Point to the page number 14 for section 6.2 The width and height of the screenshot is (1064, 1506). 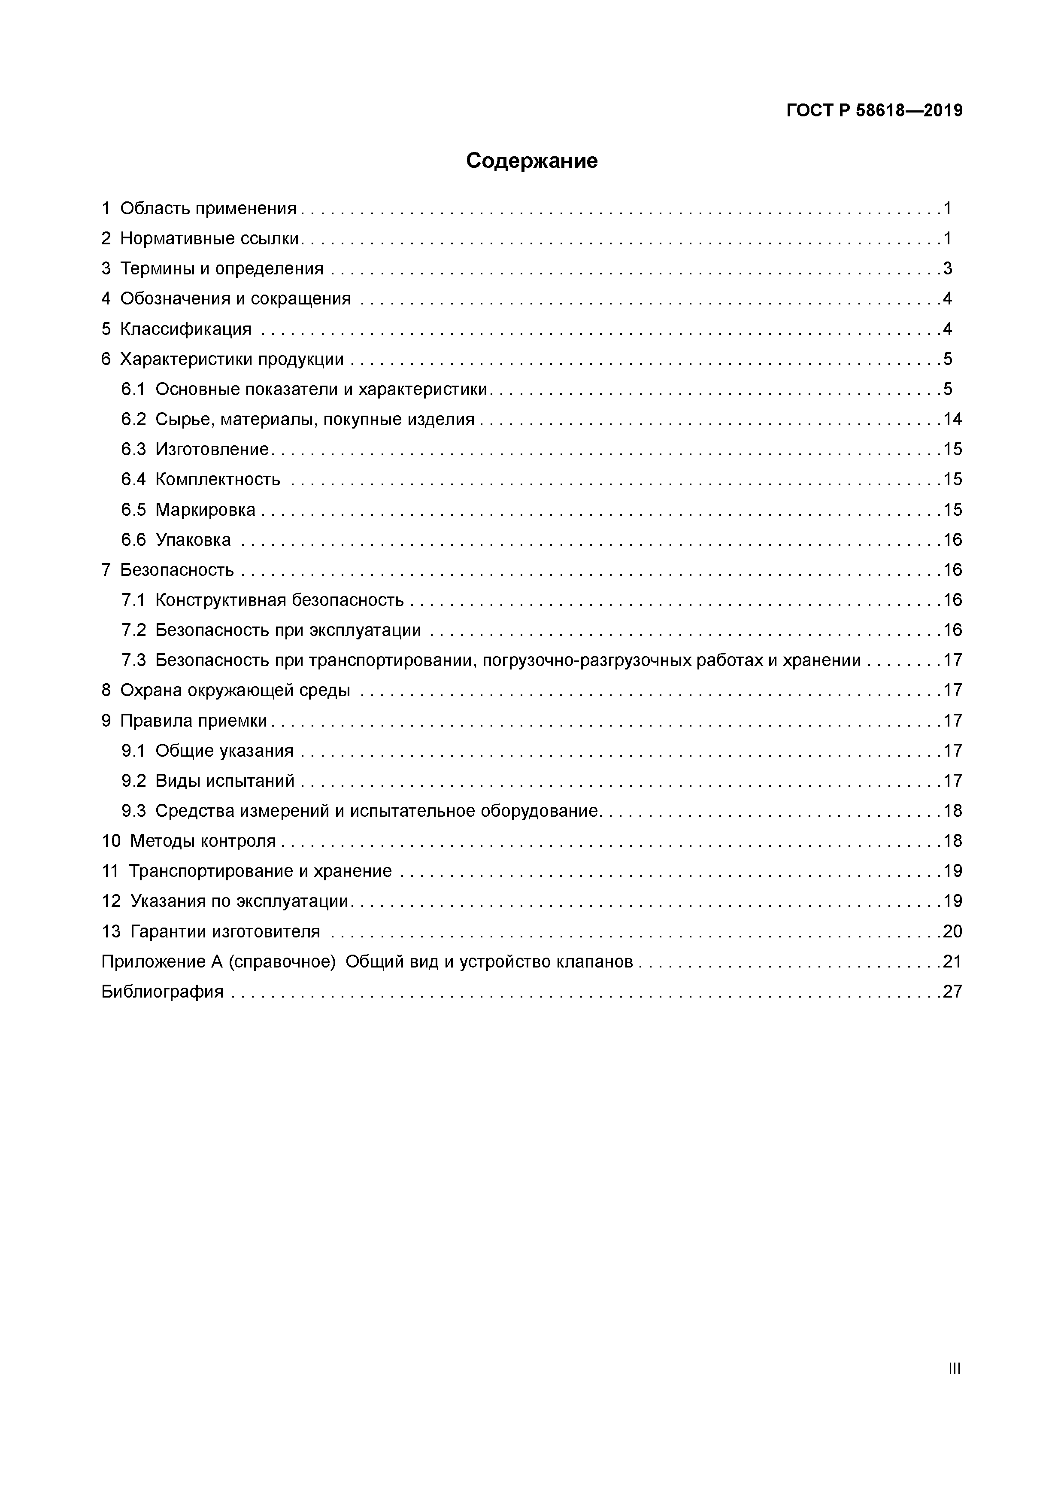pos(952,419)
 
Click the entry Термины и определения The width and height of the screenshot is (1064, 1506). pos(221,268)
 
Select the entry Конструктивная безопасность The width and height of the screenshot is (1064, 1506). pos(279,600)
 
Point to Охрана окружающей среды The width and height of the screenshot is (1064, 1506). pos(235,691)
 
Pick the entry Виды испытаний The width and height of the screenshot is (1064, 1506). pos(225,781)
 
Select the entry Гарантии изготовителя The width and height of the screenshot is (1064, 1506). pos(225,931)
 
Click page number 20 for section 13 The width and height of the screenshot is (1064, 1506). pos(952,931)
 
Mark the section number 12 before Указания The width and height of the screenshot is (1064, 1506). pos(111,901)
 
